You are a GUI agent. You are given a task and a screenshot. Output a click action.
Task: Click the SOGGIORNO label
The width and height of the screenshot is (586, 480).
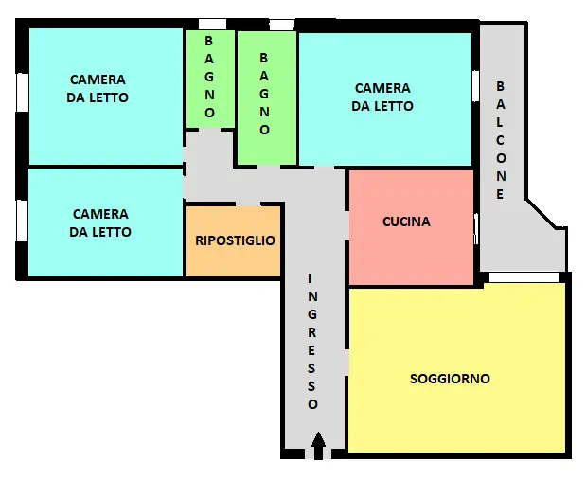[x=450, y=379]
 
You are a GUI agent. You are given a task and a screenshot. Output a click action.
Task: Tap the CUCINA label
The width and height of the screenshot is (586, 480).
[x=406, y=222]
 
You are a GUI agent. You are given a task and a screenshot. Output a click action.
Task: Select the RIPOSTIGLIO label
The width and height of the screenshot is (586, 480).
[x=235, y=240]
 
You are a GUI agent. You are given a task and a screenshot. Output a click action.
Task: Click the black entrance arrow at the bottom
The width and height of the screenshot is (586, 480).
[x=318, y=442]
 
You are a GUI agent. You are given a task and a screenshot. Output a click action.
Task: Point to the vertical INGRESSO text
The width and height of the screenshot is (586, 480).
[x=313, y=341]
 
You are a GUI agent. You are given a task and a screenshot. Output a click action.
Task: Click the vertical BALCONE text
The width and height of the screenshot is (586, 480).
[x=501, y=139]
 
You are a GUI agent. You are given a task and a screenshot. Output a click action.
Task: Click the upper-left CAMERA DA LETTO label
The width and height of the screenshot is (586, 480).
[x=98, y=89]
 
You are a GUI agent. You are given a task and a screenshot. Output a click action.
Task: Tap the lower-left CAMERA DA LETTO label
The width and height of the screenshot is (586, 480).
[x=100, y=223]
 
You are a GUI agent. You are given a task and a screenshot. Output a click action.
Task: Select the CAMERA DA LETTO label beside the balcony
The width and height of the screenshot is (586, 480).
[x=382, y=98]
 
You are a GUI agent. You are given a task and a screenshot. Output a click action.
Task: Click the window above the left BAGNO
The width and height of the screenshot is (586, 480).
[x=212, y=24]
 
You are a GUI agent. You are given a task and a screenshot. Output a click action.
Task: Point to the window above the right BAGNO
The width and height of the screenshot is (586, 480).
[x=282, y=24]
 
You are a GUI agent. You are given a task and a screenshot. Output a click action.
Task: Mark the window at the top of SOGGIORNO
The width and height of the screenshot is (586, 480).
[x=524, y=277]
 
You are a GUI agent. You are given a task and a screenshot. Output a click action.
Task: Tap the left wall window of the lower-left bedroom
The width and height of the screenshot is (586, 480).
[x=21, y=221]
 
